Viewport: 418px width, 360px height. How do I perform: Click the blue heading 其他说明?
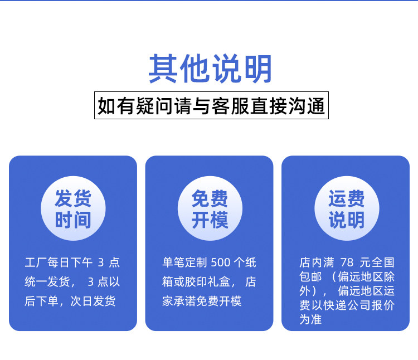(210, 69)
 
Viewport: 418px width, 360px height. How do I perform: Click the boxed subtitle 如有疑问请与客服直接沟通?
(211, 105)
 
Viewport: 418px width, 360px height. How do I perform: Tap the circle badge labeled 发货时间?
(73, 208)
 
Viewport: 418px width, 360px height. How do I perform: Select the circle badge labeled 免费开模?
(210, 208)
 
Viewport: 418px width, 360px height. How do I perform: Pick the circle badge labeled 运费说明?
(347, 208)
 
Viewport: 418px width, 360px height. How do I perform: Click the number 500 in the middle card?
(221, 262)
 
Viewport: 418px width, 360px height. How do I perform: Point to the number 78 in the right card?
(347, 262)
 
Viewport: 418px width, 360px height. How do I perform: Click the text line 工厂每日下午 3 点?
(72, 262)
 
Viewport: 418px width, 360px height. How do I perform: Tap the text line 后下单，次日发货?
(70, 301)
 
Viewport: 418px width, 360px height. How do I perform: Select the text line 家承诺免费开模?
(202, 301)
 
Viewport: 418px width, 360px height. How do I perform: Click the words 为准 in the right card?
(310, 319)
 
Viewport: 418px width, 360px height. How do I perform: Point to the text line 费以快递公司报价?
(347, 305)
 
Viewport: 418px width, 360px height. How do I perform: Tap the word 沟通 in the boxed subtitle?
(307, 106)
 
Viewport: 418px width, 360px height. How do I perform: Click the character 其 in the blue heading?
(163, 69)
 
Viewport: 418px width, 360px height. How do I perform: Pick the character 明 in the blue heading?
(258, 69)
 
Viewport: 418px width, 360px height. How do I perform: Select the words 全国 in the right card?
(383, 262)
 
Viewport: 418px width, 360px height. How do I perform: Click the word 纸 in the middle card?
(251, 262)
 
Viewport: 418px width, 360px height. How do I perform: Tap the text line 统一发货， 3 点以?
(72, 282)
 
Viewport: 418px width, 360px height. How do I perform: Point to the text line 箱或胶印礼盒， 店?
(209, 282)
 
